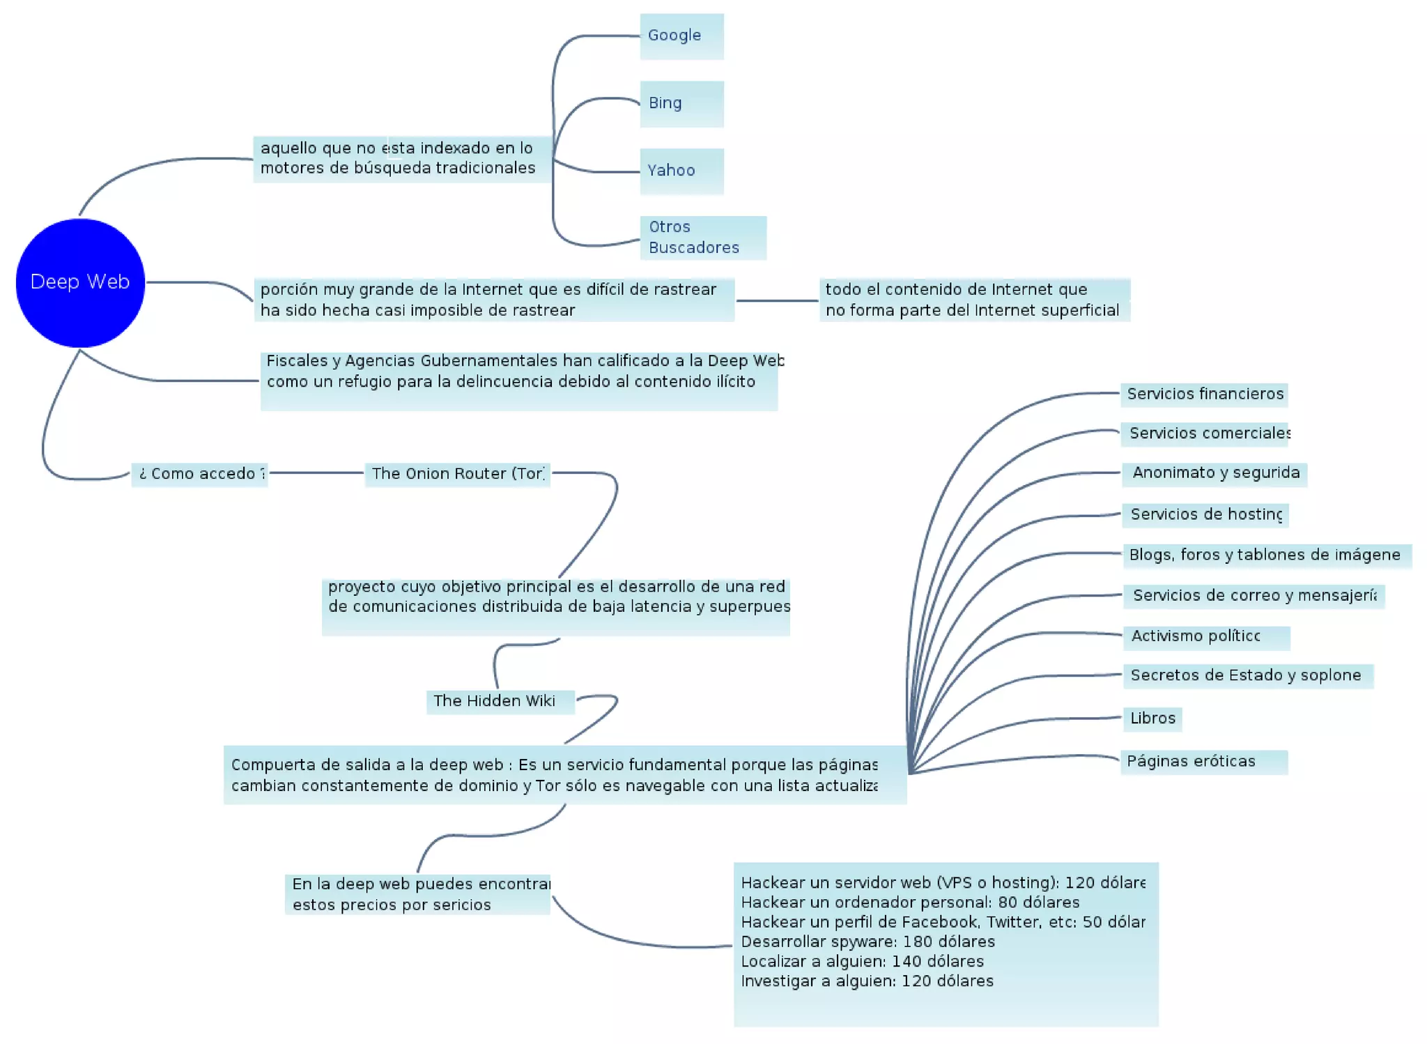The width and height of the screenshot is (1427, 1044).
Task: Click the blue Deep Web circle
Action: [x=80, y=282]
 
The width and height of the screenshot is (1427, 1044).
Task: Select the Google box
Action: [x=681, y=36]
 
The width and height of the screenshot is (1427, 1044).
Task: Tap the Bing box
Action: [x=681, y=104]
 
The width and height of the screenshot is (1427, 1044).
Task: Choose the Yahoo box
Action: [x=681, y=171]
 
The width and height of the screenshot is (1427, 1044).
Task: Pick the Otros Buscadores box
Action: [x=702, y=238]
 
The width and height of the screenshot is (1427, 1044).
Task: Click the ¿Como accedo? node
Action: [x=200, y=474]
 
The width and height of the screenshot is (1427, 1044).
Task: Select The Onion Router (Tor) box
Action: [x=457, y=474]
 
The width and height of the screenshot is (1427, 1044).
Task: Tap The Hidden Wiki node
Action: [x=500, y=701]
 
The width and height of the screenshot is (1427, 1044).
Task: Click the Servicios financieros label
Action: [x=1204, y=394]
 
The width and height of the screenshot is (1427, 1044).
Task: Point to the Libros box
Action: [x=1152, y=719]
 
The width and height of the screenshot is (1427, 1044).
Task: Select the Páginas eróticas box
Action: [x=1203, y=762]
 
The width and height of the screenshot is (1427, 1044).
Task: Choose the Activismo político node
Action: [x=1205, y=636]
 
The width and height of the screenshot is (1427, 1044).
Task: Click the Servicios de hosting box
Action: [x=1205, y=515]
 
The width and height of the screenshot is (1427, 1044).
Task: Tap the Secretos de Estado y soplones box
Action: [x=1247, y=675]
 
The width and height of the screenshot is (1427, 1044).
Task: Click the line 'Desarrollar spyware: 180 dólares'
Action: [x=867, y=942]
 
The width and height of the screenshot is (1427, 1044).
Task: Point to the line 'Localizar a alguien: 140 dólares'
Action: [x=862, y=962]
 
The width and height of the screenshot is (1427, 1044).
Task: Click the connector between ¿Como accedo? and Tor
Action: [x=317, y=473]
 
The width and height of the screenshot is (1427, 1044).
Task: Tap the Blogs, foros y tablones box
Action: [x=1265, y=555]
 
